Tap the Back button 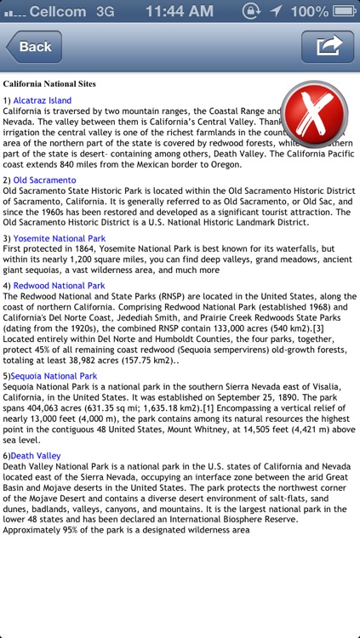pyautogui.click(x=33, y=47)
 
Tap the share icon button pyautogui.click(x=329, y=46)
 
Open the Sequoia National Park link pyautogui.click(x=54, y=375)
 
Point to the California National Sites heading pyautogui.click(x=49, y=84)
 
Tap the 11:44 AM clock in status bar pyautogui.click(x=179, y=12)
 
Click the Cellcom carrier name pyautogui.click(x=57, y=12)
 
